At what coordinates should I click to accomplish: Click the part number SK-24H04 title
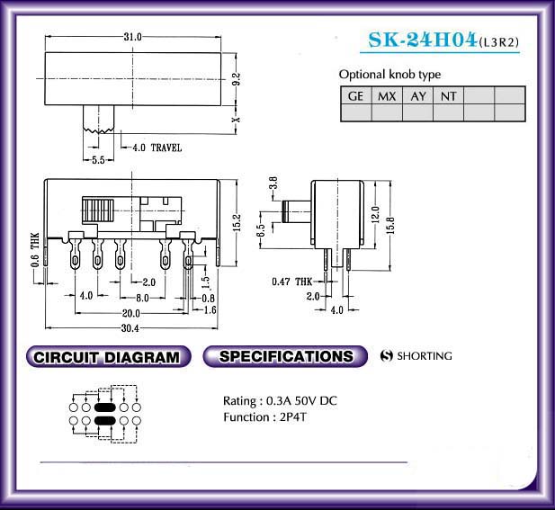pos(422,40)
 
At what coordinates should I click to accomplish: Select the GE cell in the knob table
pos(355,96)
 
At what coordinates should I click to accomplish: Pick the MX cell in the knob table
pos(387,96)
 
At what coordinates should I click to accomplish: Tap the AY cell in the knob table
pos(418,96)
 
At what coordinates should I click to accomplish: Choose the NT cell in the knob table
pos(449,96)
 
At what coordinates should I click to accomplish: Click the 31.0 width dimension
pos(133,37)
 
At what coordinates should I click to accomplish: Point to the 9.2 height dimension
pos(237,78)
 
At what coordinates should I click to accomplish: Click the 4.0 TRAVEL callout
pos(157,148)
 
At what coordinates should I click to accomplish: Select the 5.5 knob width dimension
pos(98,160)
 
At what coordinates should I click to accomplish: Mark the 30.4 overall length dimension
pos(130,328)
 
